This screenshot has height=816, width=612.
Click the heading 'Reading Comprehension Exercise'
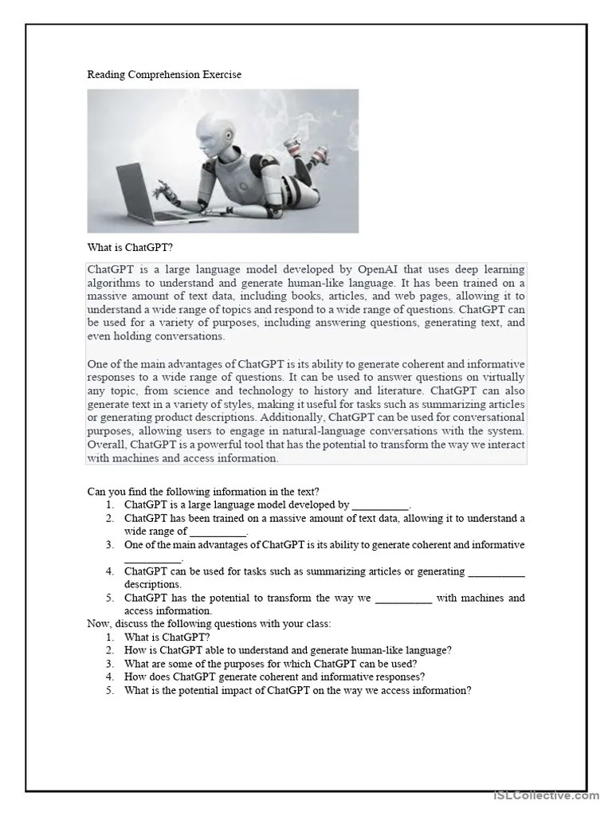click(x=164, y=74)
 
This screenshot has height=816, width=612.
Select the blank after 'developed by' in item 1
click(x=380, y=505)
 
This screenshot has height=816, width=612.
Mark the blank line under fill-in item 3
click(x=153, y=559)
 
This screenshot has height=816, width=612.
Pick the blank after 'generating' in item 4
click(x=496, y=571)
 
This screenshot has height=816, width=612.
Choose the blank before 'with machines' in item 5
click(x=402, y=598)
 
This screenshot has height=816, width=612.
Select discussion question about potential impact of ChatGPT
click(x=297, y=691)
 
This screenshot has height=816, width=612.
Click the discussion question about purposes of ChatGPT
click(x=270, y=664)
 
